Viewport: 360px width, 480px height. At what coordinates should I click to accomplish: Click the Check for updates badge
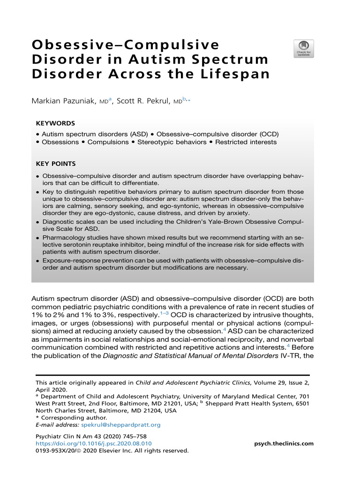[x=303, y=48]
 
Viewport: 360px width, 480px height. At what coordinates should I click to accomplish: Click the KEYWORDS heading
[x=55, y=123]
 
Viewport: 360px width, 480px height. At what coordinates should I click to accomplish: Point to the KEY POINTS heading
[x=56, y=164]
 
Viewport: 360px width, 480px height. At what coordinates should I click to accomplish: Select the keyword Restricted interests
[x=246, y=142]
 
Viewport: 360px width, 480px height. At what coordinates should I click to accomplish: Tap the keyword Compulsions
[x=108, y=142]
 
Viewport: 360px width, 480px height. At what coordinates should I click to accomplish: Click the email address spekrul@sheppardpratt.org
[x=121, y=425]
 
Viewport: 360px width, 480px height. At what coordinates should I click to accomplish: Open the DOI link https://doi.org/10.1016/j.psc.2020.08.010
[x=94, y=443]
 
